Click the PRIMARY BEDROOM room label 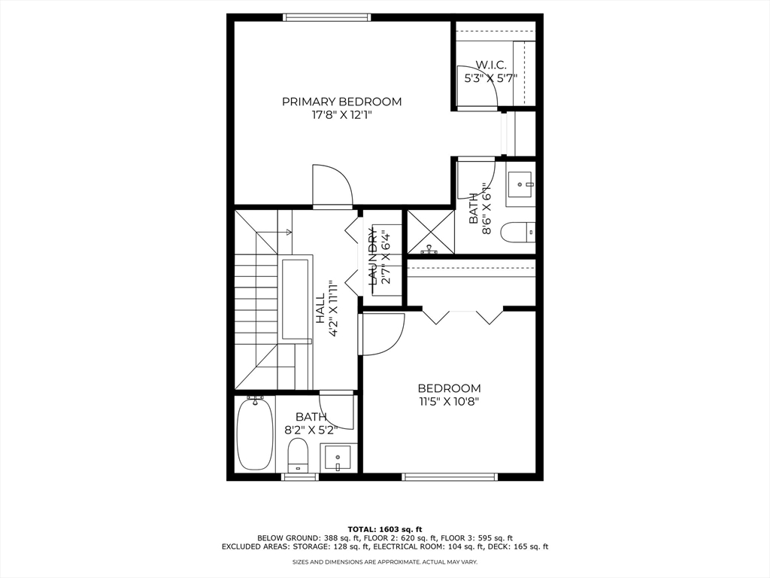click(x=341, y=102)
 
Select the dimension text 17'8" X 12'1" click(x=341, y=116)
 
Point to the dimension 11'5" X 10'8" click(x=449, y=401)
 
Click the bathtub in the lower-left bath click(x=255, y=433)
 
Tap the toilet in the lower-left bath click(x=299, y=455)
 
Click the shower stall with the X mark click(x=430, y=231)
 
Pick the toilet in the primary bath click(x=518, y=232)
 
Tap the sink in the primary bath click(x=520, y=183)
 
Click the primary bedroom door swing click(x=332, y=184)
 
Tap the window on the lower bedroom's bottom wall click(x=450, y=476)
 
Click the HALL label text click(x=320, y=309)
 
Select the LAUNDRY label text click(x=372, y=257)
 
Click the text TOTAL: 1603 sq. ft click(x=384, y=528)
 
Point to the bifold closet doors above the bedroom click(x=462, y=315)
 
